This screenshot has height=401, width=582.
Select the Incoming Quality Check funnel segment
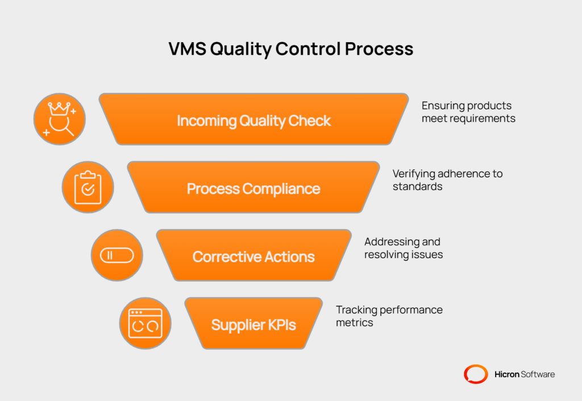pyautogui.click(x=253, y=120)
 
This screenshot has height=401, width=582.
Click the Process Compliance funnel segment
pyautogui.click(x=253, y=188)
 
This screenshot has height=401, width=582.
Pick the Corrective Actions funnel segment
pyautogui.click(x=253, y=257)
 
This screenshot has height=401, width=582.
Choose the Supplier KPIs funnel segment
pyautogui.click(x=253, y=325)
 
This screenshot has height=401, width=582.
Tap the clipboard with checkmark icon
pyautogui.click(x=88, y=188)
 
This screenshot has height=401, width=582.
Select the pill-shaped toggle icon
pyautogui.click(x=117, y=255)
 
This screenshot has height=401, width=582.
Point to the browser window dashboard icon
pyautogui.click(x=145, y=324)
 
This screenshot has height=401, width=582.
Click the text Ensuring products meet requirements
pyautogui.click(x=468, y=112)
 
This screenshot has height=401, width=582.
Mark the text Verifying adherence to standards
pyautogui.click(x=447, y=180)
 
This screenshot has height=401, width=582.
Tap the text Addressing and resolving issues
pyautogui.click(x=403, y=248)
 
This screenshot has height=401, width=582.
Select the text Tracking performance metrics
pyautogui.click(x=389, y=316)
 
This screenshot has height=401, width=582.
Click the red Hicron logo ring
pyautogui.click(x=475, y=374)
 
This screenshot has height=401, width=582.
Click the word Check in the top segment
pyautogui.click(x=308, y=121)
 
